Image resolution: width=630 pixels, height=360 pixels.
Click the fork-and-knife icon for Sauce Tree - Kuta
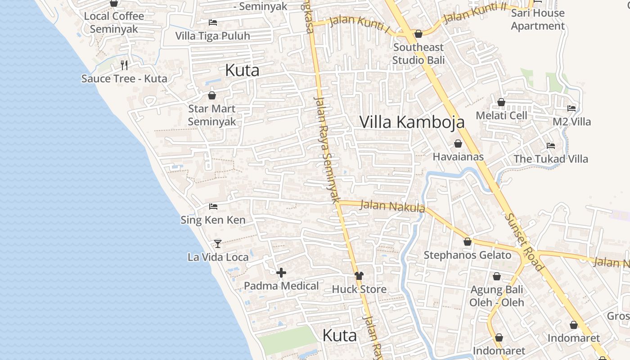tap(124, 65)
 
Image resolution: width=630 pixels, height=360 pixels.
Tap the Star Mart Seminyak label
tap(212, 115)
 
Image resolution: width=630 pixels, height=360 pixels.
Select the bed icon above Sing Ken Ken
tap(213, 207)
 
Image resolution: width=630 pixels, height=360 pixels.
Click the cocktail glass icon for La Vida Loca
tap(218, 243)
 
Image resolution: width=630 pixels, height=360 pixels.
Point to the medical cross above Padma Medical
tap(281, 273)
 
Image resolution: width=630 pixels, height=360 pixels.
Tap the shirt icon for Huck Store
tap(359, 275)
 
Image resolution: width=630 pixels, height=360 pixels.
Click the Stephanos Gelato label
tap(468, 255)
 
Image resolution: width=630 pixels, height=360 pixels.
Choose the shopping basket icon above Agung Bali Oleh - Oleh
tap(497, 276)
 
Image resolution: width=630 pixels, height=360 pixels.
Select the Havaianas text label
tap(458, 157)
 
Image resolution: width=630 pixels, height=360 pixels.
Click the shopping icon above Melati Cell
tap(501, 103)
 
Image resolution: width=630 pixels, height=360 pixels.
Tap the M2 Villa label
tap(571, 122)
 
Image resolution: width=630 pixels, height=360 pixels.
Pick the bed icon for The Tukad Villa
tap(550, 145)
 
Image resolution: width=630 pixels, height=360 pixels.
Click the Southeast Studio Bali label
tap(418, 54)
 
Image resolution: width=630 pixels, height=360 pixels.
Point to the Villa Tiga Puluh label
tap(212, 36)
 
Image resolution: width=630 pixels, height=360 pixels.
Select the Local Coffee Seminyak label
tap(114, 22)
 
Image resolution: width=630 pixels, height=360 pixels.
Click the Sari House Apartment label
tap(538, 19)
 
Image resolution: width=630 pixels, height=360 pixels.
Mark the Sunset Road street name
tap(524, 242)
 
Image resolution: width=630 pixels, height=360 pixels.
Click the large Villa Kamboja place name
tap(412, 122)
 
